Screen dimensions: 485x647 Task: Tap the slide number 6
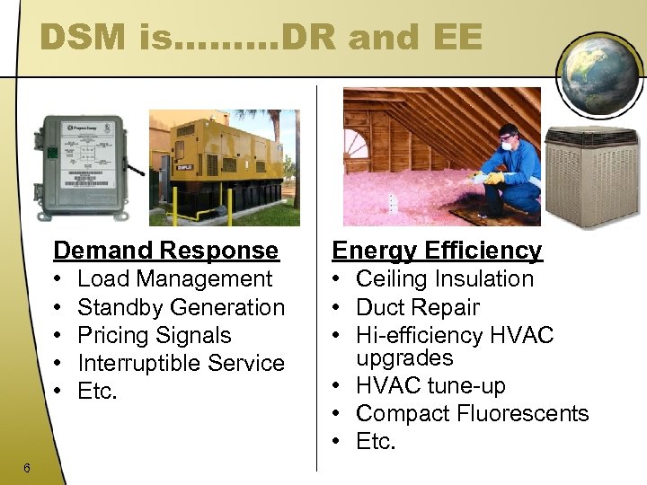pos(28,467)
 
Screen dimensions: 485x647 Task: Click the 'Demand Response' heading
pos(165,250)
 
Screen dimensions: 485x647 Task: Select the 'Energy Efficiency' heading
pos(437,250)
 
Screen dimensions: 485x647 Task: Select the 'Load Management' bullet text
pos(174,279)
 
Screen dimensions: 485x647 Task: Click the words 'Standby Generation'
pos(181,307)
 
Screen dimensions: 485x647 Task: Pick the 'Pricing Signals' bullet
pos(154,335)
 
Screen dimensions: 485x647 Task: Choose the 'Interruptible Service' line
pos(181,363)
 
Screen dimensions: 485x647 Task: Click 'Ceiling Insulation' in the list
pos(444,279)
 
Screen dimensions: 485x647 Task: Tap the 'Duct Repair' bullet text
pos(417,307)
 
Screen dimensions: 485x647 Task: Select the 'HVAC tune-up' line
pos(430,386)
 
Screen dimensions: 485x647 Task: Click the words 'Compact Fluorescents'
pos(472,413)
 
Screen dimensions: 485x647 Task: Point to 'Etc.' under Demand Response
pos(97,391)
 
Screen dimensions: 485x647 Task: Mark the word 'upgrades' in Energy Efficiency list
pos(404,358)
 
